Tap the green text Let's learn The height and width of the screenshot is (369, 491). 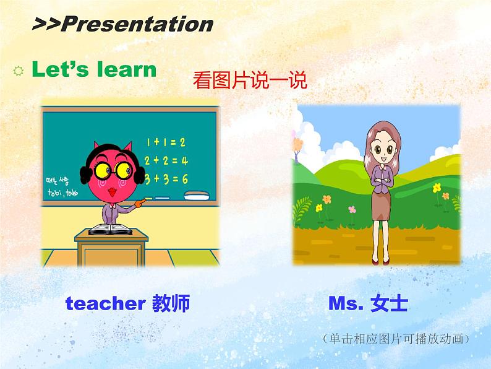tap(93, 69)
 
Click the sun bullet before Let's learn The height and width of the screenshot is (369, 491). tap(18, 72)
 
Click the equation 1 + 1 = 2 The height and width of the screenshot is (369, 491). tap(166, 142)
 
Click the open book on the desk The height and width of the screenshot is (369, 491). tap(111, 230)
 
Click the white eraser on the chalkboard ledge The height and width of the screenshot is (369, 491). tap(197, 197)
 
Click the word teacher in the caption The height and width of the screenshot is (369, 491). tap(105, 303)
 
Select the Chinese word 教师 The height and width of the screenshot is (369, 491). tap(170, 303)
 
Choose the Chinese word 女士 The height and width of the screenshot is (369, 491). tap(389, 303)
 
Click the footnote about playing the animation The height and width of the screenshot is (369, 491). tap(396, 339)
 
